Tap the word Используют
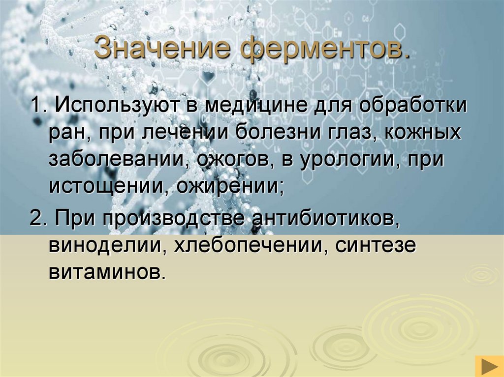pos(119,105)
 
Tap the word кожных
pos(423,132)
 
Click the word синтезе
pos(376,245)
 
